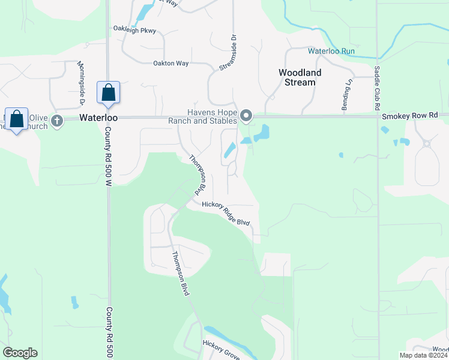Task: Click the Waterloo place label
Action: coord(98,118)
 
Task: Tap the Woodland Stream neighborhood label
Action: coord(300,77)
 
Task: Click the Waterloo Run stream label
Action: coord(331,51)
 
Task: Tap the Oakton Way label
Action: coord(170,63)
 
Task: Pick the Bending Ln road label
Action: coord(346,95)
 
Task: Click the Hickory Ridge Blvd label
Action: coord(226,213)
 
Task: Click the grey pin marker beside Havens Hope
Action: coord(246,115)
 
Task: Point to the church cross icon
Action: coord(57,121)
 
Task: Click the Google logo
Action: coord(20,352)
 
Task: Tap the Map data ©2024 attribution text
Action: coord(423,355)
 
